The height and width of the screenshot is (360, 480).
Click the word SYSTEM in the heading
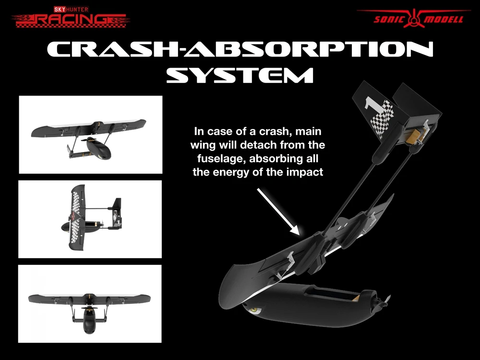pos(240,75)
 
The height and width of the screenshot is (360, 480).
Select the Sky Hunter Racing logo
pos(71,17)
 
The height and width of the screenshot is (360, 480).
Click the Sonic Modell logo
pos(413,18)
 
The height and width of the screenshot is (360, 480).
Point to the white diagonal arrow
pos(278,212)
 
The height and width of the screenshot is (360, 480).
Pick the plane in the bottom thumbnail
pos(89,310)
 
